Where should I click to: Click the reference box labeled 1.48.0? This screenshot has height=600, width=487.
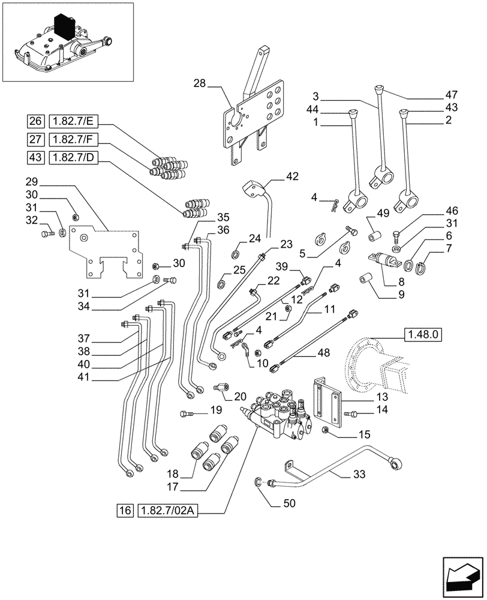[x=422, y=334]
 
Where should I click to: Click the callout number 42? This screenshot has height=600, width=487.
[x=291, y=176]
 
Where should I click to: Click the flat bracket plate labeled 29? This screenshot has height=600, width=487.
[x=105, y=252]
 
